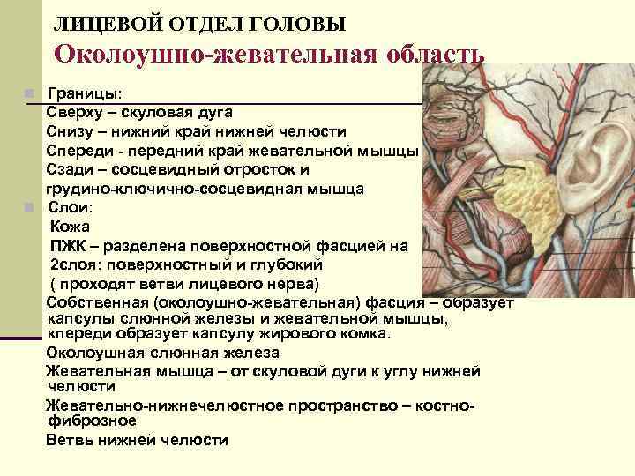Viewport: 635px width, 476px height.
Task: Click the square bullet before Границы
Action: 29,93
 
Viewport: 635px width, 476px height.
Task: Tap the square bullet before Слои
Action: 29,207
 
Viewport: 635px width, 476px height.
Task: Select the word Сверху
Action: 75,112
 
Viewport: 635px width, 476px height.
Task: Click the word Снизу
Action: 71,131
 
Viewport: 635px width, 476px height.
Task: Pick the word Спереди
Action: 80,151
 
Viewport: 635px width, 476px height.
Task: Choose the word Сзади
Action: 68,169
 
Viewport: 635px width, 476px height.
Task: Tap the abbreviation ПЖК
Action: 67,246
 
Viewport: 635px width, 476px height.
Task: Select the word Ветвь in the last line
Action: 66,440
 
